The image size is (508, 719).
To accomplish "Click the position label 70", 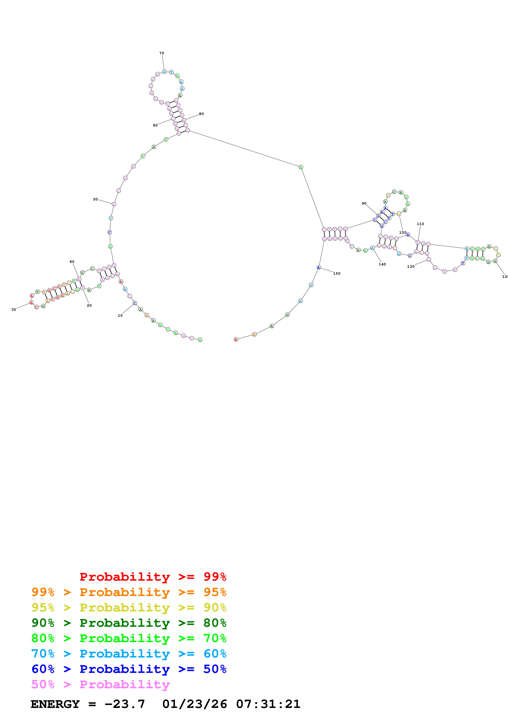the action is coord(161,53).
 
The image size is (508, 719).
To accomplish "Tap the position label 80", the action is coord(201,114).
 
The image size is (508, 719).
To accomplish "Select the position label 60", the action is coord(155,125).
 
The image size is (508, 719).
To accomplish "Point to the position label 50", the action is coord(95,199).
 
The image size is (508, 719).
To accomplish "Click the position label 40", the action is coord(72,262).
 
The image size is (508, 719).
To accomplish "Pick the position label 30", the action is coord(14,309).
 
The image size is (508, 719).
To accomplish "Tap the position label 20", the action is coord(89,305).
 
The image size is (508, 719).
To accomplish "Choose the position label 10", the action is coord(120,315).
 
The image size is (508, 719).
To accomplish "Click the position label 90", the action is coord(364,203).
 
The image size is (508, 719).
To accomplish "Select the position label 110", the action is coord(420,224).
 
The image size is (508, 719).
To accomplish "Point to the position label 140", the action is coord(382,264).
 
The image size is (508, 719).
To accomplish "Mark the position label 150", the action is coord(337,273).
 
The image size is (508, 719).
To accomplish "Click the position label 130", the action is coord(411,266).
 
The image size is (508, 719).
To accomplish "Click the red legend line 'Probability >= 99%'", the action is coord(153,577).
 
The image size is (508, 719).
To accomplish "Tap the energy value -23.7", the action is coord(125,704).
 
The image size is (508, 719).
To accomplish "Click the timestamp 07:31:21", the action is coord(268,704).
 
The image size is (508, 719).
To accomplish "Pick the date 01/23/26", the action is coord(195,704).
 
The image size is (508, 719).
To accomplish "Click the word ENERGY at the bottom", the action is coord(55,704).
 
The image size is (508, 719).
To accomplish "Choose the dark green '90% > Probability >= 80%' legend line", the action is coord(129,623).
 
